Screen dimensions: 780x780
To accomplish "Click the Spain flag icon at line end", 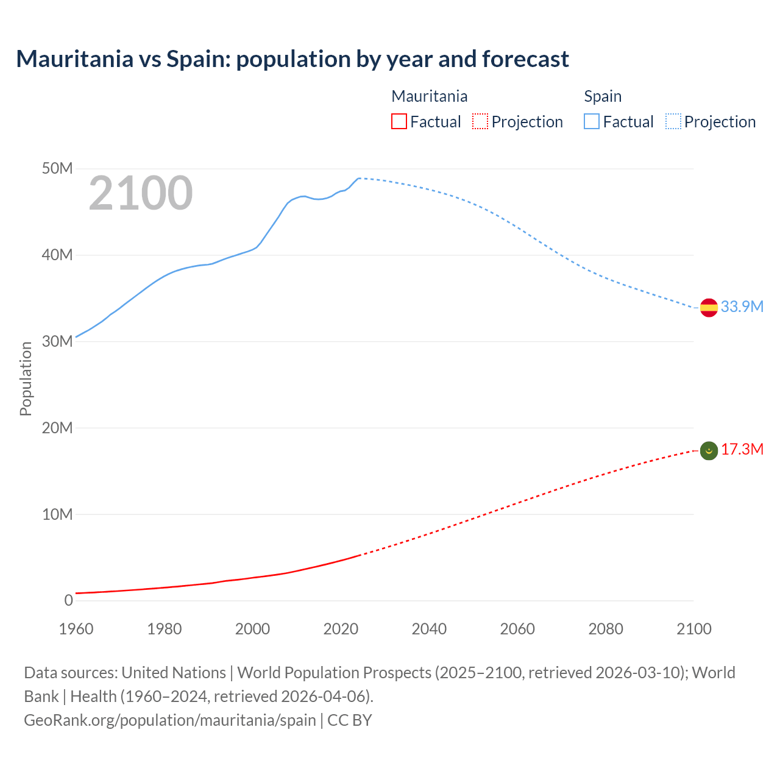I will click(x=709, y=308).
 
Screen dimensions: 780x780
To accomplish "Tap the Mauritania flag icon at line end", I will click(x=709, y=451).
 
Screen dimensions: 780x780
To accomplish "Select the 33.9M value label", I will click(x=742, y=307).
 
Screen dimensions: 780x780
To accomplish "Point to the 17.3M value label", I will click(x=742, y=450).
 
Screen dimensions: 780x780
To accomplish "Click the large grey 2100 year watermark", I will click(x=141, y=194).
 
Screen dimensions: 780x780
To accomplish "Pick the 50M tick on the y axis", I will click(x=57, y=169).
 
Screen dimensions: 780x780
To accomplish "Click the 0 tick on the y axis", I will click(x=68, y=600).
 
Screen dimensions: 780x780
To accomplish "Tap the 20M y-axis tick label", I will click(x=57, y=428).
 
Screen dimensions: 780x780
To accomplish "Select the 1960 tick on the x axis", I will click(x=76, y=629).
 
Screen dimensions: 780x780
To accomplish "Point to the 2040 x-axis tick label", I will click(x=429, y=629).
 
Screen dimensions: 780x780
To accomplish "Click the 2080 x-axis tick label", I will click(x=606, y=629).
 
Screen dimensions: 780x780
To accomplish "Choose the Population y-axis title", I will click(x=26, y=378).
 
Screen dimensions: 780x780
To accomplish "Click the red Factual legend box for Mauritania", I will click(x=399, y=122).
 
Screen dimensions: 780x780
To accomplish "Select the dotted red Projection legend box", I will click(x=480, y=122).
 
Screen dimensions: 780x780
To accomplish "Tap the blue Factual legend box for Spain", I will click(x=591, y=122).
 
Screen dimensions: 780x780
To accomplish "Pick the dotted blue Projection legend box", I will click(x=673, y=122).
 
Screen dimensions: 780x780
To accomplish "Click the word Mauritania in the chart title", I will click(x=74, y=59).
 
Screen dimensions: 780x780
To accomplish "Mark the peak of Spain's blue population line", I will click(x=359, y=178).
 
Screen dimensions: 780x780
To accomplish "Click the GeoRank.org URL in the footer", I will click(x=170, y=720).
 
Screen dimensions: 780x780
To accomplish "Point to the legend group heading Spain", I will click(x=603, y=96).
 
